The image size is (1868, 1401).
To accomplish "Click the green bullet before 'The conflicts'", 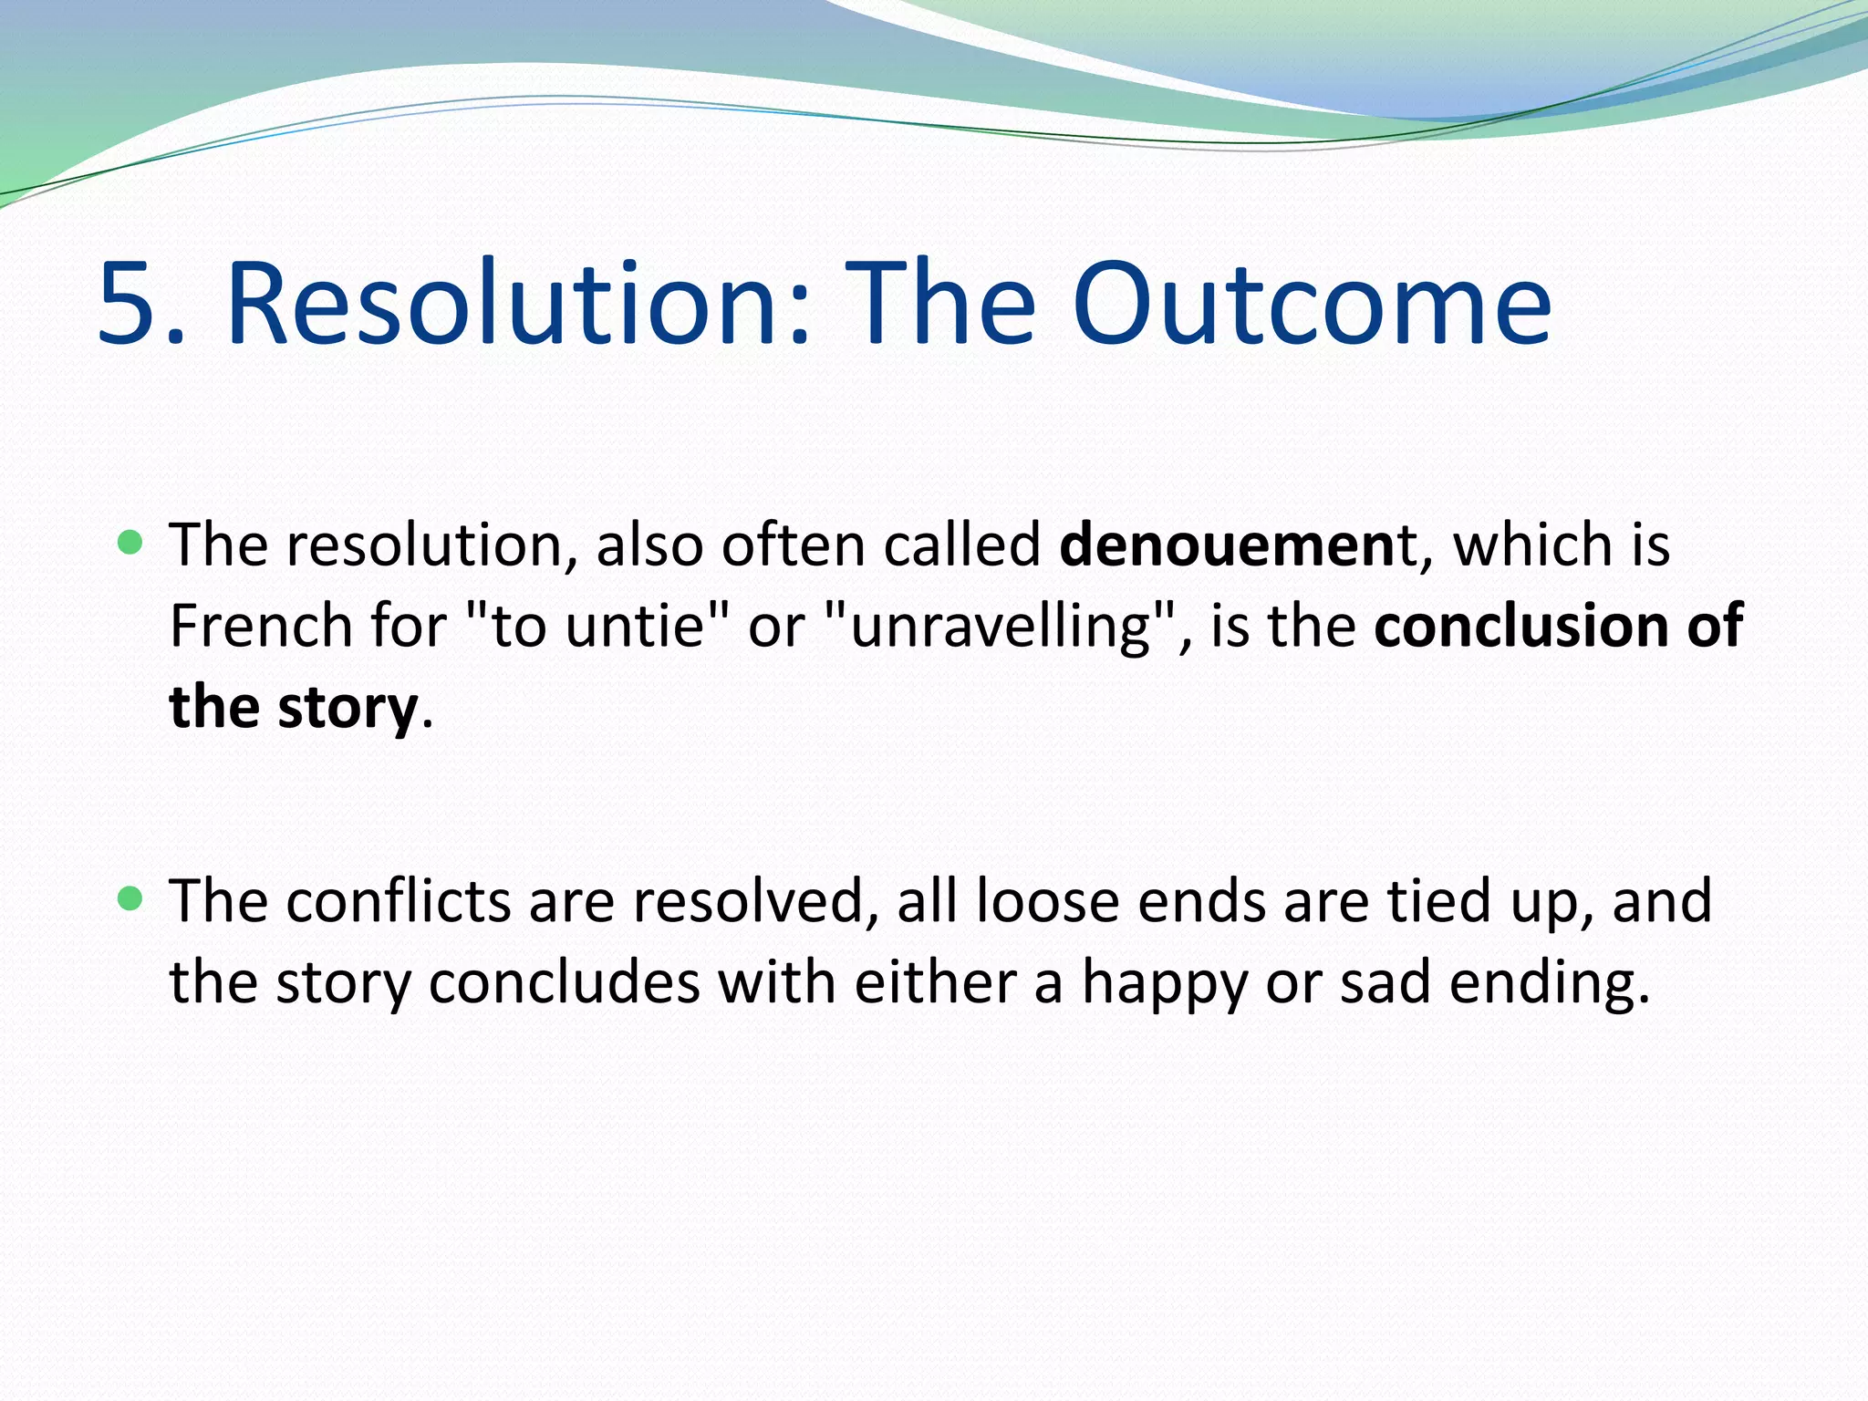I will [131, 899].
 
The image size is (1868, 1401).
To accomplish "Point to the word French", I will [261, 627].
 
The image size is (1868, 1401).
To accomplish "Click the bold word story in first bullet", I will [347, 710].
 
